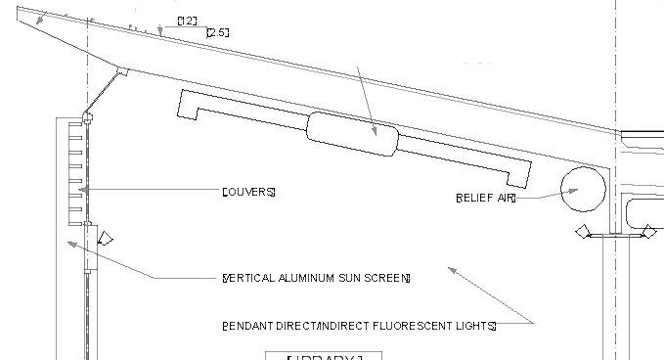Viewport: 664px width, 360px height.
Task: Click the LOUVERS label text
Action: (249, 191)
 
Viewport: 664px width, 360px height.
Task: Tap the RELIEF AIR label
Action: (485, 197)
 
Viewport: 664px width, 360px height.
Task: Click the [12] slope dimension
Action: (188, 21)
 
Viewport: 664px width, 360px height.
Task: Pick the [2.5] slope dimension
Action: (217, 33)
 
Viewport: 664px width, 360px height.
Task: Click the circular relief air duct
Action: (583, 188)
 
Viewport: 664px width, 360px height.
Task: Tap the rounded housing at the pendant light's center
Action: (353, 134)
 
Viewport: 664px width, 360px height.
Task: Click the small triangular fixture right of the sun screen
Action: (107, 238)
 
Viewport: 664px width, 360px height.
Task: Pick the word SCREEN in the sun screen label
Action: (388, 278)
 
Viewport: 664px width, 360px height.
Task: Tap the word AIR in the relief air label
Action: (505, 197)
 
